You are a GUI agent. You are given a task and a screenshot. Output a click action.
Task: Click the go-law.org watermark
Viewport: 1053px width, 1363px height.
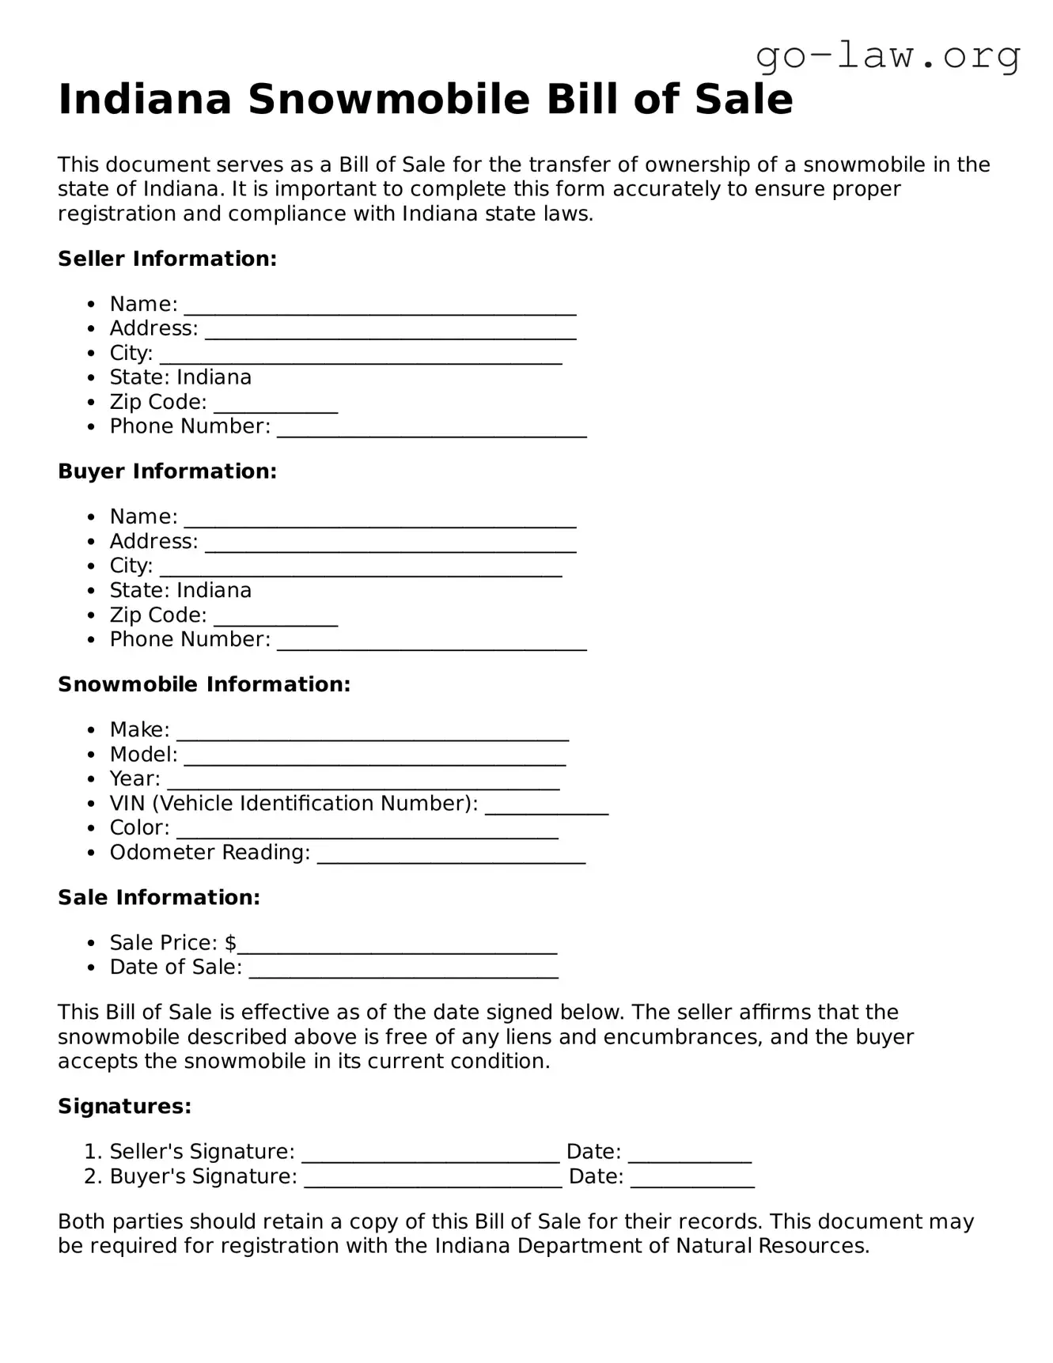[888, 56]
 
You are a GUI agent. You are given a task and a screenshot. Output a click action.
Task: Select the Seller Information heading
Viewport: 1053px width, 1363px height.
[167, 259]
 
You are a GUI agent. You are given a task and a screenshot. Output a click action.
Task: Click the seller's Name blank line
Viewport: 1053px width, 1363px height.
[380, 307]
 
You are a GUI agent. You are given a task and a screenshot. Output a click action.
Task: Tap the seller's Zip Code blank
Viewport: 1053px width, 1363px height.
[275, 405]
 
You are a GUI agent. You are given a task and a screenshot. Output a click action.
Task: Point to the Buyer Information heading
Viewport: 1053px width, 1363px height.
[167, 471]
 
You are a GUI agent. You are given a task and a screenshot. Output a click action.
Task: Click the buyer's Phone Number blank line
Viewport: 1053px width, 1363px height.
[431, 642]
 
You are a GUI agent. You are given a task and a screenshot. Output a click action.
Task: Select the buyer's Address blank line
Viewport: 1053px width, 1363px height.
[390, 544]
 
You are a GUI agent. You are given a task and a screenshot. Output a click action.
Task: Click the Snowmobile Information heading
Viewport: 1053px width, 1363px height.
[203, 684]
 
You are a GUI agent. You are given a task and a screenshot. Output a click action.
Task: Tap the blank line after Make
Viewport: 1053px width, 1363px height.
[372, 733]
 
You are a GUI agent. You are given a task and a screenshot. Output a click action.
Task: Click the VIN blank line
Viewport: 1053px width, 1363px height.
[546, 806]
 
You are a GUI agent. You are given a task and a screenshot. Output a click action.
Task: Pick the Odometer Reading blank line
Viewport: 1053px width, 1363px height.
[451, 855]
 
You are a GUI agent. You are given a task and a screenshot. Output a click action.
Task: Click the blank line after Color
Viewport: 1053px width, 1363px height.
[367, 831]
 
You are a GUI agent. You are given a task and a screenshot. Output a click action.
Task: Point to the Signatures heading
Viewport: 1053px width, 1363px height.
[124, 1106]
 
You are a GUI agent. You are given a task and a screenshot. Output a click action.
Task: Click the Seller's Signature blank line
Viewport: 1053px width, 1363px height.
[430, 1155]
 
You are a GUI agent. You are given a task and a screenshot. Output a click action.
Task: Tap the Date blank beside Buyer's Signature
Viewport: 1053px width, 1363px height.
[692, 1179]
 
